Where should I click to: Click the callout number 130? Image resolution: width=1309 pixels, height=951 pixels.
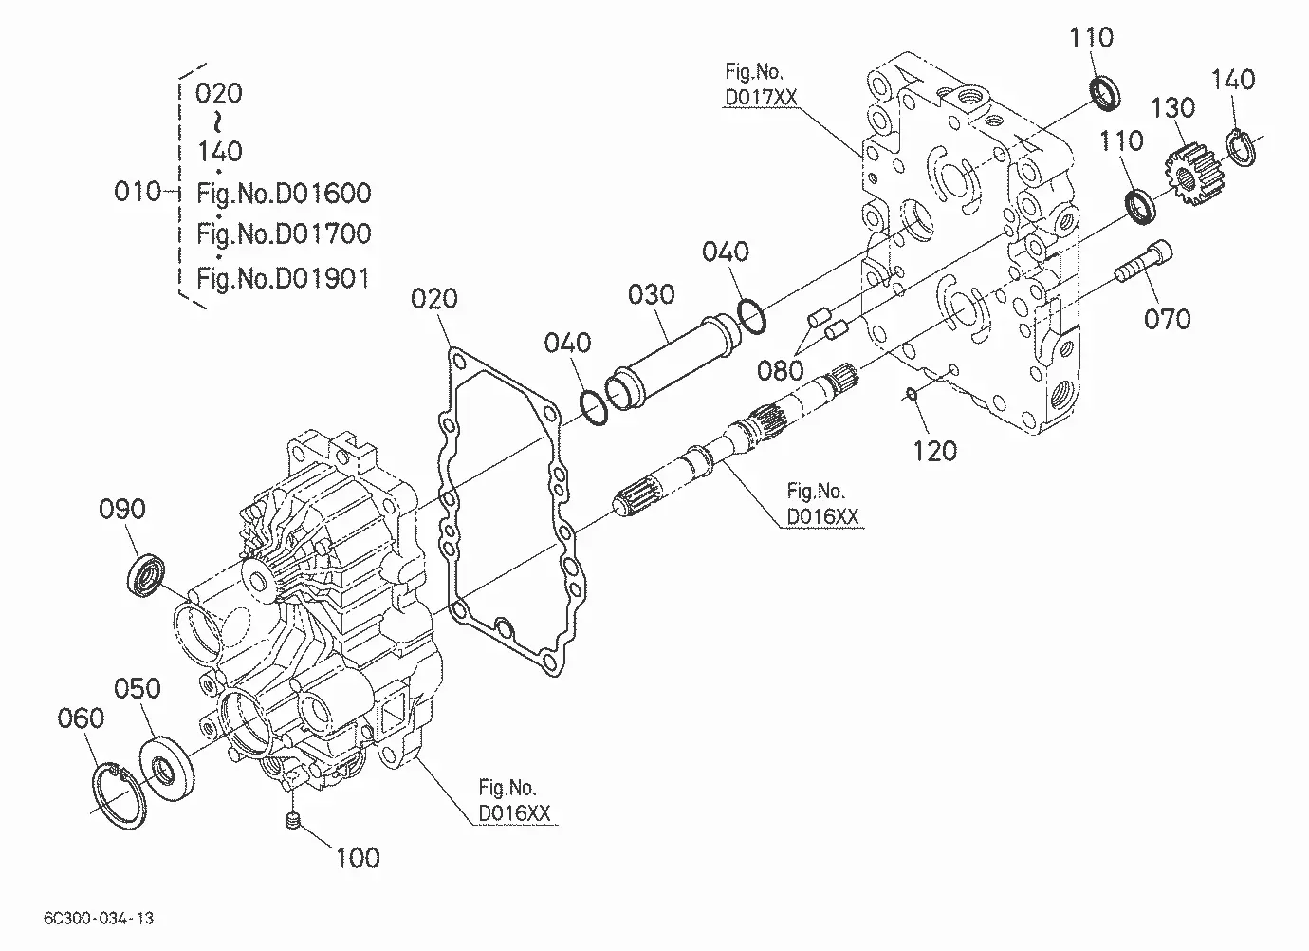click(x=1173, y=108)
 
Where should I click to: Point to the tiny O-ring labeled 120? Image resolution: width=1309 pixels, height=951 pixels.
click(x=911, y=395)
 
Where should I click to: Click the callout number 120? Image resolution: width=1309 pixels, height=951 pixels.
click(x=935, y=452)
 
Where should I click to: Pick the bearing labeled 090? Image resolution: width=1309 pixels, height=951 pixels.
click(x=145, y=577)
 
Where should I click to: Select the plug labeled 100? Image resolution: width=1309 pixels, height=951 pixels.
click(x=294, y=821)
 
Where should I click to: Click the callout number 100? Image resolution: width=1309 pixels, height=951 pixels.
click(x=359, y=858)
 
